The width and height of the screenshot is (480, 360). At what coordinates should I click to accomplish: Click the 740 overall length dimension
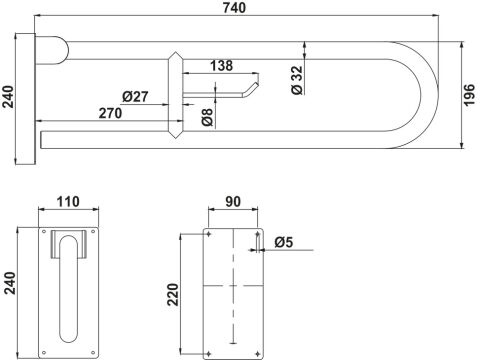(x=234, y=8)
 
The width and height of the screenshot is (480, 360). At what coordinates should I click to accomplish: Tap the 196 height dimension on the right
(x=469, y=95)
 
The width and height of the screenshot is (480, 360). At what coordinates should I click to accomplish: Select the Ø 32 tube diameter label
(x=297, y=80)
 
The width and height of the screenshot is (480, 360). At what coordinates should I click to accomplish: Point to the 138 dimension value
(x=221, y=66)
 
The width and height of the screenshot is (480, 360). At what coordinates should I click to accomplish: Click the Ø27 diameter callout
(x=135, y=97)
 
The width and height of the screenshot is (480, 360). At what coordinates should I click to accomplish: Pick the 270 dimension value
(x=110, y=113)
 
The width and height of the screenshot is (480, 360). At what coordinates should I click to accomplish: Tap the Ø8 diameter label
(x=207, y=117)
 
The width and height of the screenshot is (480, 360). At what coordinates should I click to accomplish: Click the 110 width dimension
(x=68, y=202)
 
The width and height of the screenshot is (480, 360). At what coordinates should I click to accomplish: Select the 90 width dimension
(x=233, y=202)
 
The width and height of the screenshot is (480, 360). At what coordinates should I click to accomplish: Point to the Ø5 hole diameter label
(x=284, y=242)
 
